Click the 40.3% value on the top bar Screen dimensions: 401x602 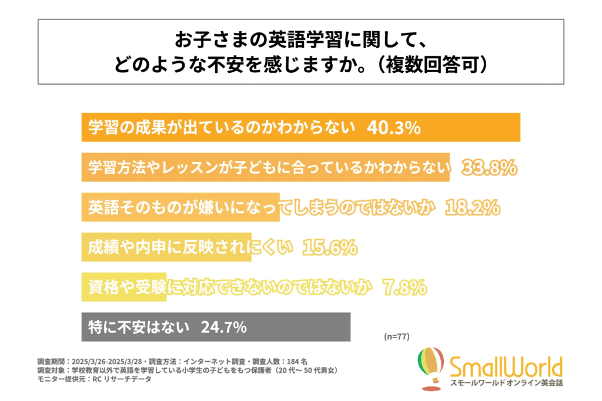394,128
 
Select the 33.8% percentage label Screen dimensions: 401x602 490,168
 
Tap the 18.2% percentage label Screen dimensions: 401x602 473,208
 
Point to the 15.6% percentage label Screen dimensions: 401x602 330,248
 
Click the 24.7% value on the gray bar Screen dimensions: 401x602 223,328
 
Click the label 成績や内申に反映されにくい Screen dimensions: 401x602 190,248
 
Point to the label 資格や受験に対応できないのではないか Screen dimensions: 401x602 230,288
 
